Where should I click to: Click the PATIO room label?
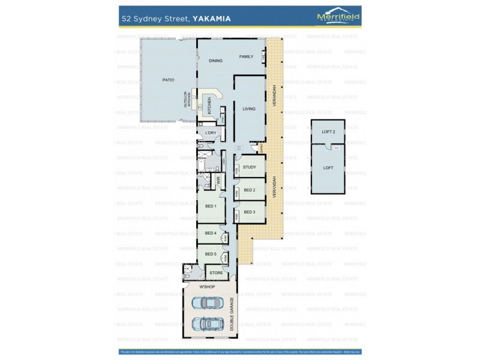click(x=168, y=80)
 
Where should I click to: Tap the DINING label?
click(x=215, y=61)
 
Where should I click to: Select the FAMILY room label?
click(x=247, y=56)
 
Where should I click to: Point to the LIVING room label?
click(x=249, y=109)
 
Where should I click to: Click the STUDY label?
click(x=250, y=167)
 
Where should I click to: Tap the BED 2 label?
click(x=250, y=190)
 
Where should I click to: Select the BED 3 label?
click(x=250, y=212)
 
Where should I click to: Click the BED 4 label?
click(x=211, y=233)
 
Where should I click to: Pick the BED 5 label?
click(x=211, y=254)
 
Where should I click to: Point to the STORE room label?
click(x=216, y=272)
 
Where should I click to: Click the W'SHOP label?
click(x=207, y=287)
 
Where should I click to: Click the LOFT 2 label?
click(x=328, y=131)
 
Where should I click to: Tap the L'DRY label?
click(x=211, y=133)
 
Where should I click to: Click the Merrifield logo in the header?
click(x=338, y=17)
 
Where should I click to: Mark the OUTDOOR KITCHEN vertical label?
click(x=186, y=99)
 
